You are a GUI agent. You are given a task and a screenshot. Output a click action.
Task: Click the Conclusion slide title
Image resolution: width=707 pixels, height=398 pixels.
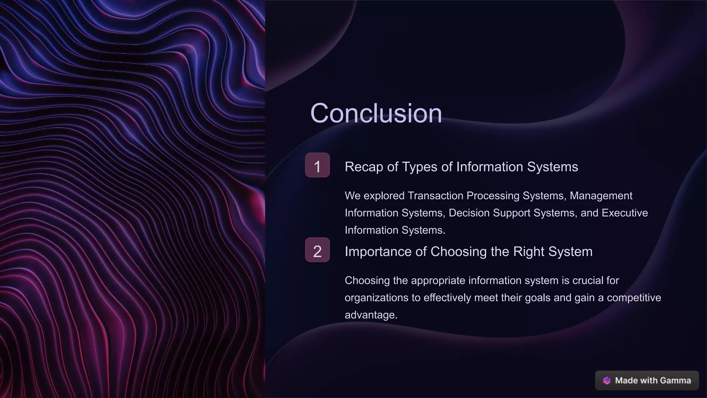pyautogui.click(x=376, y=113)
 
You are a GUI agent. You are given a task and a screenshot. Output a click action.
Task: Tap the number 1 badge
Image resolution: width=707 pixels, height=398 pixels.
pyautogui.click(x=317, y=165)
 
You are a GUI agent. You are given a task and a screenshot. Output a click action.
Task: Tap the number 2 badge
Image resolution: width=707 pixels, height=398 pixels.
pyautogui.click(x=317, y=250)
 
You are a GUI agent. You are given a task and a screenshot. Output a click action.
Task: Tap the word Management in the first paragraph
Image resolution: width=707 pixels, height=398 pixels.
pyautogui.click(x=601, y=196)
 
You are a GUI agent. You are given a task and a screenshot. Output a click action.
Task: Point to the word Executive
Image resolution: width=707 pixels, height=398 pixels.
pyautogui.click(x=624, y=213)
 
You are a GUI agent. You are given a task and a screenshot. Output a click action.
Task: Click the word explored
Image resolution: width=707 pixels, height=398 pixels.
pyautogui.click(x=384, y=196)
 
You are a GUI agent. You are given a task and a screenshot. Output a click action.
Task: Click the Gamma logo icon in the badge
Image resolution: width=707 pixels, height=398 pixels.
pyautogui.click(x=607, y=380)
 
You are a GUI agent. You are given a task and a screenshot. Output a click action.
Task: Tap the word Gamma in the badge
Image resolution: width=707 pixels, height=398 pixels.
pyautogui.click(x=677, y=380)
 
